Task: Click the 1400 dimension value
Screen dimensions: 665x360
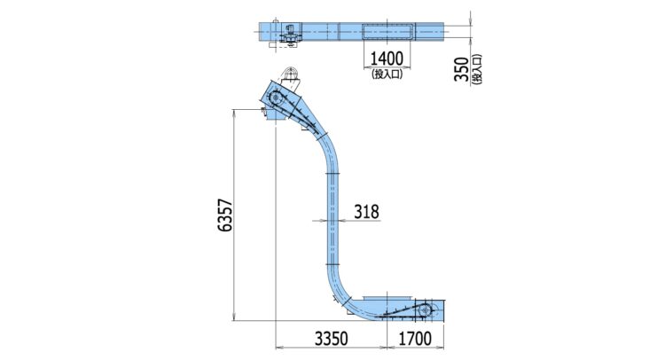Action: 387,59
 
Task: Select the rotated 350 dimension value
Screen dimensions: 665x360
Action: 461,68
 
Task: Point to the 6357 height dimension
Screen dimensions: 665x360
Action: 225,215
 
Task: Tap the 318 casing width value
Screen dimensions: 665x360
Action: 366,212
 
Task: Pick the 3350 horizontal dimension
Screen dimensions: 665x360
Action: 332,339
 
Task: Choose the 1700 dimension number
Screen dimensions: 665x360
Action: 415,339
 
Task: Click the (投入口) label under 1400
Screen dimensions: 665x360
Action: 387,74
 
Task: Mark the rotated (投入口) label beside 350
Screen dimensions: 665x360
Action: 478,69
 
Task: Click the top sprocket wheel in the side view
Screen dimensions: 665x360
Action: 276,98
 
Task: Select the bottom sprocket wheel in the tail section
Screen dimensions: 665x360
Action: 424,311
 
